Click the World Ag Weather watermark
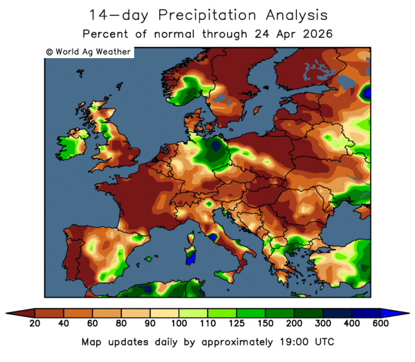88,52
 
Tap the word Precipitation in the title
228,15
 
